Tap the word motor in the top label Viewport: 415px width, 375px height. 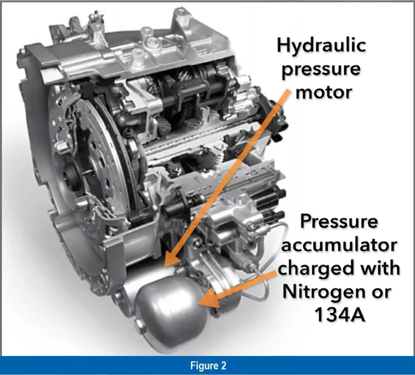(324, 93)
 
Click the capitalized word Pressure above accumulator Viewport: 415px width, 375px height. (339, 222)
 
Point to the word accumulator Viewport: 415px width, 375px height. (339, 245)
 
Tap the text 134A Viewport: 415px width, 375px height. (339, 314)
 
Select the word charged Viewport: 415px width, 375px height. (315, 269)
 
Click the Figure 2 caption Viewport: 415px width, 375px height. (208, 366)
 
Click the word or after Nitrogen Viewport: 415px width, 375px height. (381, 293)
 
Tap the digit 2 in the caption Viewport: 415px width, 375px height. (224, 366)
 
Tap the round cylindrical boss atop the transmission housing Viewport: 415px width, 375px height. (151, 40)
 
